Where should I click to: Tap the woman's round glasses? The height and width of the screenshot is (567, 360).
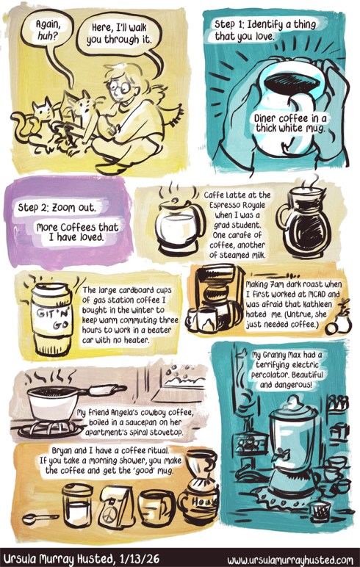(x=120, y=87)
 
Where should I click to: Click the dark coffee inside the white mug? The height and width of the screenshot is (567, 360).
(x=292, y=82)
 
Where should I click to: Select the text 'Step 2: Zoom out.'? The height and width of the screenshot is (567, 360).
(x=57, y=208)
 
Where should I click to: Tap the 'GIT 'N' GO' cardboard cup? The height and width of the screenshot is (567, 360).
(x=51, y=319)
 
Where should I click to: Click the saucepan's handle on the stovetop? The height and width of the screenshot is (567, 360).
(x=107, y=389)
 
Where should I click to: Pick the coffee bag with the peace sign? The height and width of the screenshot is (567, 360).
(x=116, y=507)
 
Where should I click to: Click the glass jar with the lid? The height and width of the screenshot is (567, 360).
(x=77, y=505)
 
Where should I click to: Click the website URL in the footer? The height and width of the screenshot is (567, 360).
(x=290, y=560)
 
